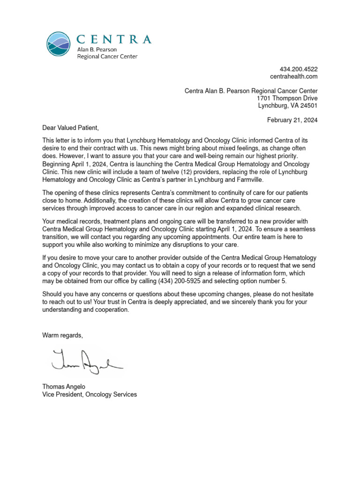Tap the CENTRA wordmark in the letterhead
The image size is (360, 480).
coord(114,39)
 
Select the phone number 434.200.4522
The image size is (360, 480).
coord(299,69)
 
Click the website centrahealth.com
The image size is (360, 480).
coord(294,76)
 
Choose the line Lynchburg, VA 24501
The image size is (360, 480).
coord(288,105)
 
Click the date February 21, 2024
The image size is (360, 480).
coord(292,120)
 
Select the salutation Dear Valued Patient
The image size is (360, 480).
coord(71,127)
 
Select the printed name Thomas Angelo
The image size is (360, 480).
coord(64,387)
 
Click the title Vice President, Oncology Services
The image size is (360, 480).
coord(90,394)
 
